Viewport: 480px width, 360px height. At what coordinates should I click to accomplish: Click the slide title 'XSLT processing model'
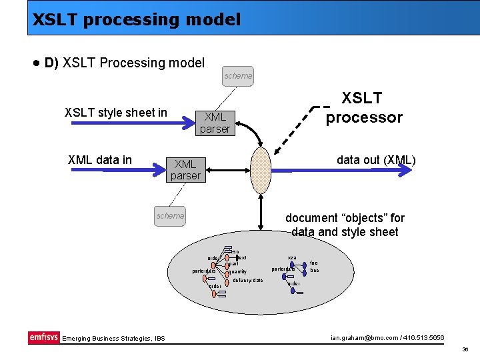[137, 19]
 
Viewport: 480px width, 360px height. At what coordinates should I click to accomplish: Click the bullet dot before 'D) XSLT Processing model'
[35, 63]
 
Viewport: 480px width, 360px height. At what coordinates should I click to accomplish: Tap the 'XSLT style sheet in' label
[116, 113]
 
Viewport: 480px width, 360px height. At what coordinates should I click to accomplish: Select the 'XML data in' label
[100, 160]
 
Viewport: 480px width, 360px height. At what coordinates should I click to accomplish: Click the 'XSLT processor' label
[363, 108]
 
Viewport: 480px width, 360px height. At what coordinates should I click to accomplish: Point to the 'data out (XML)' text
[376, 160]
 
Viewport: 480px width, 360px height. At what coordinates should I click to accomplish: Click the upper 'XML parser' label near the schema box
[215, 123]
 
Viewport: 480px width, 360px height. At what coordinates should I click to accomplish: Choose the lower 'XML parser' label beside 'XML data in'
[185, 169]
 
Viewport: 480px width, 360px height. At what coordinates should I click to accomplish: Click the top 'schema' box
[238, 76]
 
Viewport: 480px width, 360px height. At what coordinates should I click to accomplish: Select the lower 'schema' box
[170, 215]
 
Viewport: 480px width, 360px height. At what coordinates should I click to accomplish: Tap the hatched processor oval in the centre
[261, 170]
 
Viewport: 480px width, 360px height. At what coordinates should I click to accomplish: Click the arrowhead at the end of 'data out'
[405, 171]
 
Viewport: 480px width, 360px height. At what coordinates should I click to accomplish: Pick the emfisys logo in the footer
[43, 337]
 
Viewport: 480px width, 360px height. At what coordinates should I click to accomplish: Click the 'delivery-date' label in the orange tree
[248, 280]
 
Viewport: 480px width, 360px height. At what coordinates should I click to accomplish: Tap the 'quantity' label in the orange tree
[237, 271]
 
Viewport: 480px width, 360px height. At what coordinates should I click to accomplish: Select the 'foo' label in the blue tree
[314, 263]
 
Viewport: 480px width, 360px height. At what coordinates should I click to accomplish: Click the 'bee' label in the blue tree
[314, 271]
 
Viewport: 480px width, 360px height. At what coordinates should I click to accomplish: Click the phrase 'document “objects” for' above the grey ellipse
[345, 218]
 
